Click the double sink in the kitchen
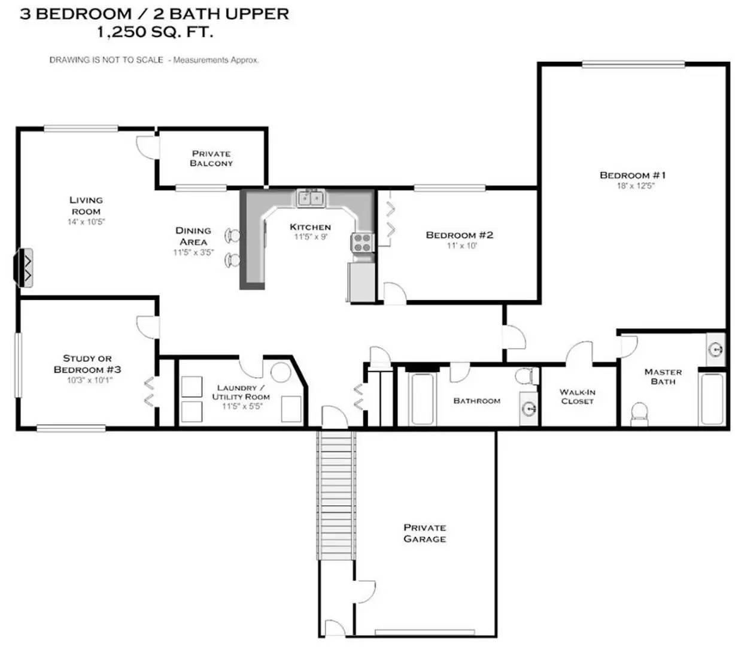(x=311, y=198)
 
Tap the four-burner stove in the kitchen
(x=362, y=243)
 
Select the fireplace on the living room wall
(x=25, y=268)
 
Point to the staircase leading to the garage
(x=336, y=494)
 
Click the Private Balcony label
(x=211, y=158)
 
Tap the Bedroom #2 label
(x=459, y=235)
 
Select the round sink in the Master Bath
(x=715, y=349)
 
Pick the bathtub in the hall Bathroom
(x=422, y=398)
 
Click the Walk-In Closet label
(x=577, y=397)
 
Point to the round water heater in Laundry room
(x=281, y=372)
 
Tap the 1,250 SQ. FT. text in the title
(x=155, y=32)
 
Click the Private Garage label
(x=424, y=533)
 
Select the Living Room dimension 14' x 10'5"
(x=86, y=222)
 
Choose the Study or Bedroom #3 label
(x=87, y=364)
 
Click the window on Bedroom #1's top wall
(x=633, y=64)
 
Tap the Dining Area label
(x=193, y=236)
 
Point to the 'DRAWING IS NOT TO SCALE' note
(x=106, y=60)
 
